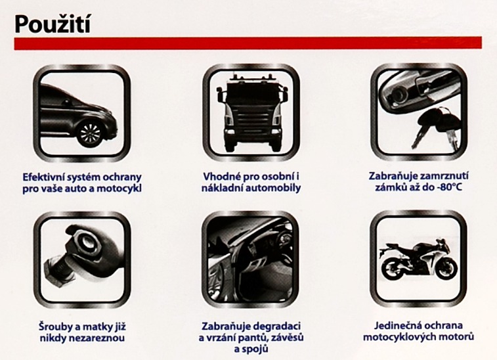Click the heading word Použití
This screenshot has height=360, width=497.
tap(53, 24)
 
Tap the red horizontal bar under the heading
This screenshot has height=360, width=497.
tap(248, 43)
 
